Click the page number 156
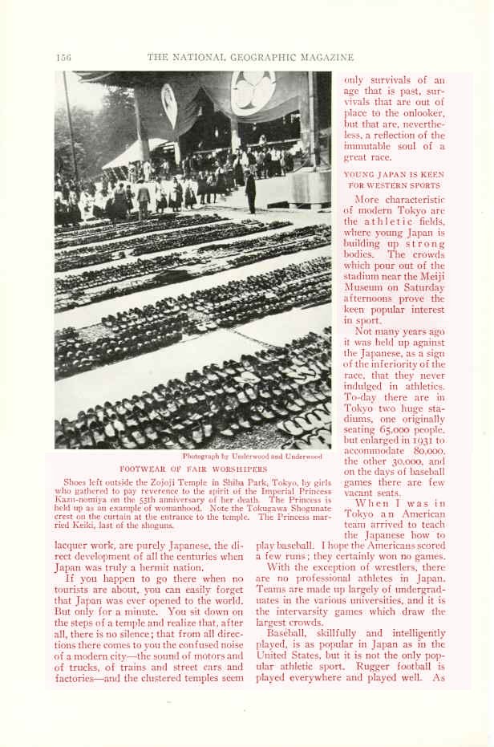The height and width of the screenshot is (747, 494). coord(64,57)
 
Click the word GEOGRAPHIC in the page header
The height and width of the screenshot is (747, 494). coord(264,57)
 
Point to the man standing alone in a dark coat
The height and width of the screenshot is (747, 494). coord(251,193)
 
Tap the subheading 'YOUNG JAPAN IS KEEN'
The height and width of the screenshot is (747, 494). coord(394,173)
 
